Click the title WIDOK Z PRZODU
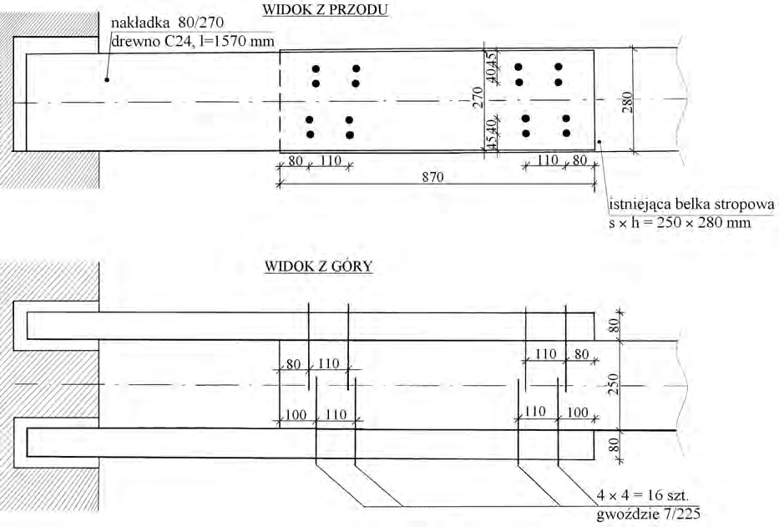click(325, 9)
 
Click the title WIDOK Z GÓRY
click(318, 266)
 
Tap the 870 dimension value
click(432, 176)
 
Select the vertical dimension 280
click(627, 101)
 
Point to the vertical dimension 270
click(478, 97)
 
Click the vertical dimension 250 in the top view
click(614, 384)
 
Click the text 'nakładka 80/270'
click(168, 23)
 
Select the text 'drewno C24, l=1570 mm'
click(193, 41)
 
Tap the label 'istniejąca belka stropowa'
click(691, 205)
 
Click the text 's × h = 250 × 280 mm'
click(680, 222)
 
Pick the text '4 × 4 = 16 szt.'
click(642, 495)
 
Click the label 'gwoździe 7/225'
click(649, 513)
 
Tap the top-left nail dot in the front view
click(316, 69)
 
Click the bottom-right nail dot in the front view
click(566, 134)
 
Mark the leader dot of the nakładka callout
click(107, 79)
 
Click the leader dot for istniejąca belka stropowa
click(599, 142)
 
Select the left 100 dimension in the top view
click(296, 414)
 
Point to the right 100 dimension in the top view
click(577, 412)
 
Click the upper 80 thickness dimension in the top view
click(615, 327)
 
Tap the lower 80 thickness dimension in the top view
click(615, 444)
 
